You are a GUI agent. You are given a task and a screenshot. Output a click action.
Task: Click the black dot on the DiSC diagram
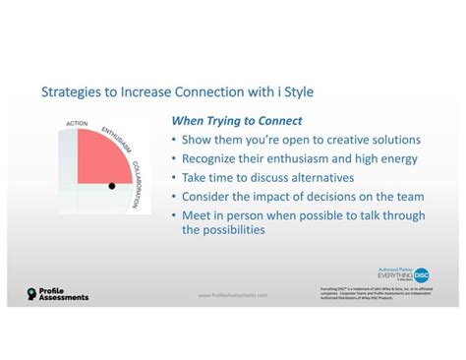point(111,186)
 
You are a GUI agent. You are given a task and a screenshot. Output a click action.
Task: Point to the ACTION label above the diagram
point(76,123)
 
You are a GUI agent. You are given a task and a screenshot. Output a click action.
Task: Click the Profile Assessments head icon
point(32,293)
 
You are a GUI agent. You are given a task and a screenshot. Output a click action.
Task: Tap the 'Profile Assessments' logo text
point(64,293)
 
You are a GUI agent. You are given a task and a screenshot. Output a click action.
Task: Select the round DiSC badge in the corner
point(422,274)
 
